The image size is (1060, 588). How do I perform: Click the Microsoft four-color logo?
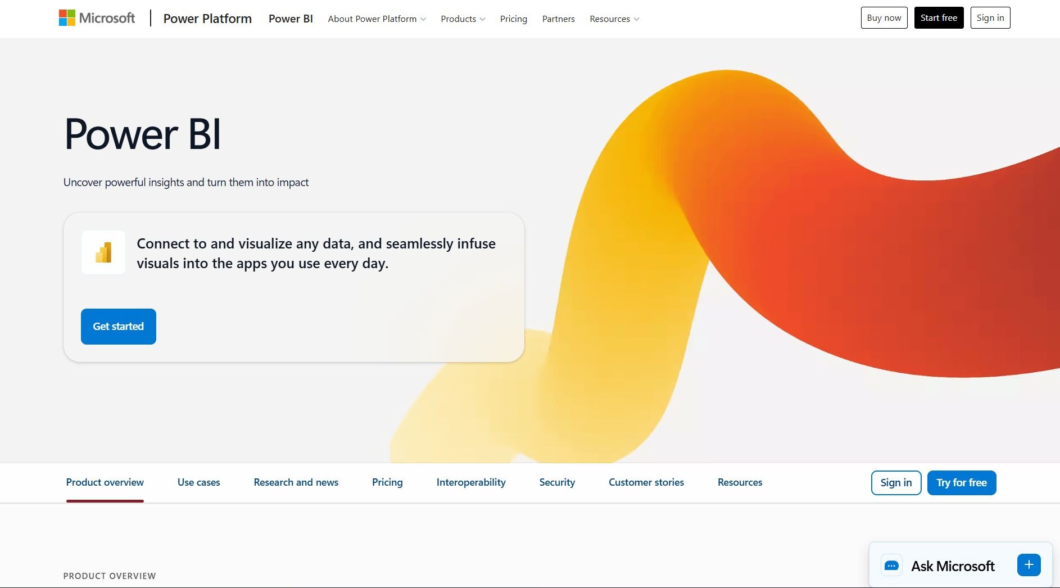coord(67,18)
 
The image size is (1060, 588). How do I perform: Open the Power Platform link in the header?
coord(207,19)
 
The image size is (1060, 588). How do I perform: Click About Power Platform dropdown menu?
coord(377,19)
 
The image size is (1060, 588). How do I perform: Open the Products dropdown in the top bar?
coord(463,19)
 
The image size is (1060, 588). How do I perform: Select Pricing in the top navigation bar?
coord(514,19)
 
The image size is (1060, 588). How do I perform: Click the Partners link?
coord(558,19)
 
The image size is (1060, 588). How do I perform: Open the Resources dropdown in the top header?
coord(614,19)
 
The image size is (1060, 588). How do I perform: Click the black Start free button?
coord(939,18)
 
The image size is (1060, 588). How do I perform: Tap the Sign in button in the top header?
coord(990,18)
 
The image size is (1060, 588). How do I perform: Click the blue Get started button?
coord(119,327)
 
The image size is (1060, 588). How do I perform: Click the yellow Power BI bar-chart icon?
coord(103,252)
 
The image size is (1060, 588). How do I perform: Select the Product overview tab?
coord(105,482)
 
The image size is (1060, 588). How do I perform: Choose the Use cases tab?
coord(199,482)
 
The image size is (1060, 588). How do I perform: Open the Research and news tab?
coord(296,482)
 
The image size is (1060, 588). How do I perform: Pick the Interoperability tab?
coord(471,482)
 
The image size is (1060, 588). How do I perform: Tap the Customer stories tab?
coord(646,482)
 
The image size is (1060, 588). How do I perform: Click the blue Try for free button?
coord(962,483)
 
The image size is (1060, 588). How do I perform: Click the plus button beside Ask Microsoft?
coord(1029,565)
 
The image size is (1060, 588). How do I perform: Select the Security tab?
coord(557,482)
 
